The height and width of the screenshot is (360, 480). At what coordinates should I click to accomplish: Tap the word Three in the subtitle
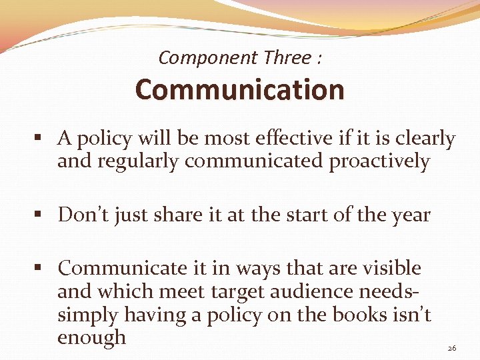pos(287,58)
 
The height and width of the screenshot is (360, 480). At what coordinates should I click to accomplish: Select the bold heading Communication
pos(239,90)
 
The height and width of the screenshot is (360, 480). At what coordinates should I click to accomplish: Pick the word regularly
pos(147,161)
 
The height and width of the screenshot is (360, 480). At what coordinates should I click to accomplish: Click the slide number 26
pos(451,347)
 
